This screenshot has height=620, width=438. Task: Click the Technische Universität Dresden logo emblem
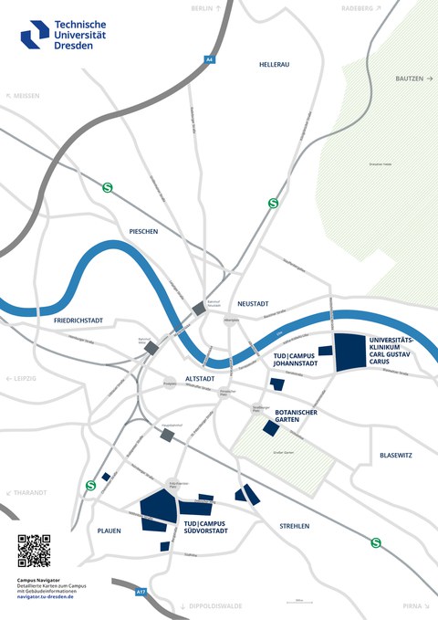click(x=36, y=34)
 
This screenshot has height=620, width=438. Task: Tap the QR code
click(x=34, y=551)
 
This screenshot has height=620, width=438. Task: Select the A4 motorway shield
click(x=209, y=59)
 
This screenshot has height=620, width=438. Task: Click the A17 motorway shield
click(x=141, y=593)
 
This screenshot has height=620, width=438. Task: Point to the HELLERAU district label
click(x=273, y=65)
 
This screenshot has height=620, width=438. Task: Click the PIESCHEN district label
click(x=143, y=232)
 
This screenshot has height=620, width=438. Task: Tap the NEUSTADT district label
click(x=255, y=303)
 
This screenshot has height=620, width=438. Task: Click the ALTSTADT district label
click(x=200, y=377)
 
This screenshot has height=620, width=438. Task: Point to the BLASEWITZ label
click(x=398, y=455)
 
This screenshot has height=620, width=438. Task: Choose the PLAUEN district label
click(x=109, y=530)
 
